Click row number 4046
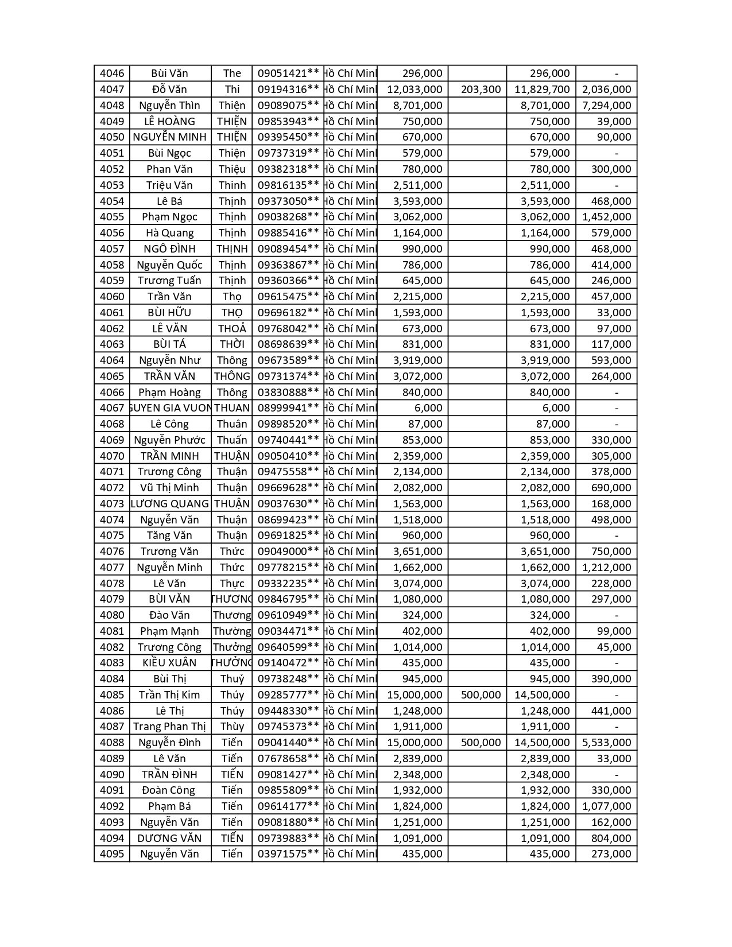tap(111, 73)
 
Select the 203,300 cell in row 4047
tap(481, 90)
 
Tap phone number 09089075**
tap(288, 106)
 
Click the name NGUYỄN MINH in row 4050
tap(169, 137)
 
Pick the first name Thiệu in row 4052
tap(231, 169)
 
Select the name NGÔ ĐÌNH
tap(169, 249)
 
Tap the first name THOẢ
tap(231, 329)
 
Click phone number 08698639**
tap(288, 344)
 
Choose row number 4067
tap(111, 408)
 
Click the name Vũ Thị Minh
tap(169, 488)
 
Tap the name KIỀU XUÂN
tap(169, 663)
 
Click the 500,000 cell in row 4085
tap(481, 695)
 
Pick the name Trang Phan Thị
tap(169, 727)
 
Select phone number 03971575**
tap(288, 854)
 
